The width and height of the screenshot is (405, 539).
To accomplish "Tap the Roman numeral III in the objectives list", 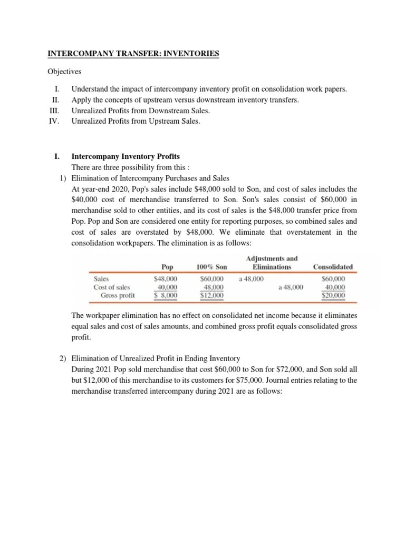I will pyautogui.click(x=55, y=111).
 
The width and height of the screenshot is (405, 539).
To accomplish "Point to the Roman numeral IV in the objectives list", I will pyautogui.click(x=55, y=121).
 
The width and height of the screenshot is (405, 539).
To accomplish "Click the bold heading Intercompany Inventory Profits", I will pyautogui.click(x=126, y=156).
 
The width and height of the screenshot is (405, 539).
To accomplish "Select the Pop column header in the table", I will pyautogui.click(x=168, y=267).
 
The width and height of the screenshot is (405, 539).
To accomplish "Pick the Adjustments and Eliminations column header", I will pyautogui.click(x=272, y=262).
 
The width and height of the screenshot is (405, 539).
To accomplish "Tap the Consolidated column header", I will pyautogui.click(x=333, y=267).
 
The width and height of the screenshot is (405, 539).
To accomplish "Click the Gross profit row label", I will pyautogui.click(x=118, y=296).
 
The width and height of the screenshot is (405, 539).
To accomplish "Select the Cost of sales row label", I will pyautogui.click(x=111, y=287).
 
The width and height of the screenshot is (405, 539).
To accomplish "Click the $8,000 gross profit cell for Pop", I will pyautogui.click(x=166, y=296).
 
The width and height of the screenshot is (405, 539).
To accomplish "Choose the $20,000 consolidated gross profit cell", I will pyautogui.click(x=333, y=296).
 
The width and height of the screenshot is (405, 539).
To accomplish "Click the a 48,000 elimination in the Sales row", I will pyautogui.click(x=252, y=278).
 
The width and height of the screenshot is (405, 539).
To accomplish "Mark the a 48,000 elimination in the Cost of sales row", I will pyautogui.click(x=291, y=287).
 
